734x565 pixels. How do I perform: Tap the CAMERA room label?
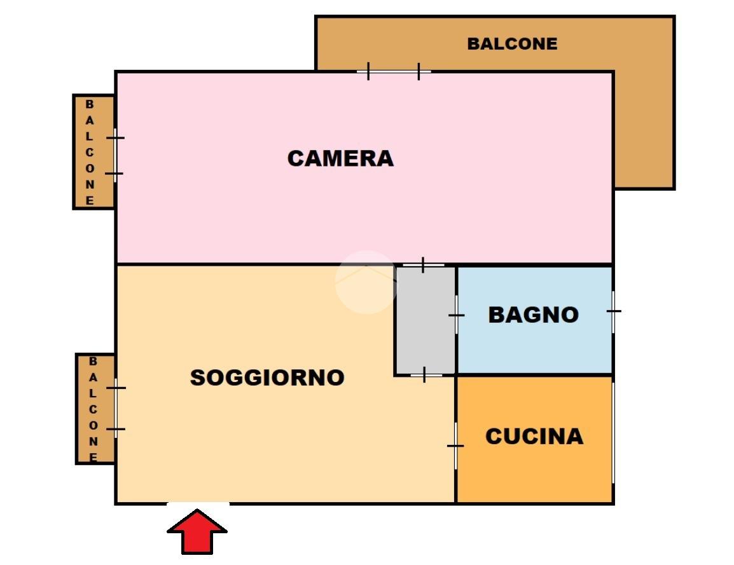(x=340, y=158)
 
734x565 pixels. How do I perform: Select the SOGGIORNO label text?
(x=267, y=378)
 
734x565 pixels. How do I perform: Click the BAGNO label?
(x=533, y=315)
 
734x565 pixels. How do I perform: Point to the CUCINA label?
(x=534, y=437)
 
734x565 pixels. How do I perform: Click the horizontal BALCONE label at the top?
(x=512, y=44)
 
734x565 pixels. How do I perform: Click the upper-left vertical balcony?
(x=93, y=152)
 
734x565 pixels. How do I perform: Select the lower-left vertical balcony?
(x=95, y=409)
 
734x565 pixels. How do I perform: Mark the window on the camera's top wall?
(x=393, y=72)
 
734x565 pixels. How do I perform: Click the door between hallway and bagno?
(x=456, y=315)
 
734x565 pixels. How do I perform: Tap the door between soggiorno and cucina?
(x=455, y=446)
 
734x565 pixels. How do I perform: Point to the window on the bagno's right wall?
(x=613, y=311)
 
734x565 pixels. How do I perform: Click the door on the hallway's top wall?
(x=423, y=264)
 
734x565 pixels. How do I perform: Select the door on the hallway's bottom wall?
(x=426, y=376)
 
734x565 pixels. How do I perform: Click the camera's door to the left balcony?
(x=115, y=155)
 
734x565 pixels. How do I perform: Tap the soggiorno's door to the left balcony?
(x=116, y=408)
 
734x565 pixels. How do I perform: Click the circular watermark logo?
(x=366, y=282)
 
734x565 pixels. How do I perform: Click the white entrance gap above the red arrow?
(x=198, y=504)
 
